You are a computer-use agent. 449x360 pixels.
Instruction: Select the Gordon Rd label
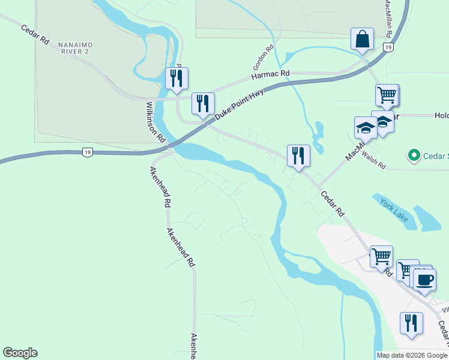coord(263,56)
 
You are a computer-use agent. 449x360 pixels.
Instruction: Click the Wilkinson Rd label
coord(155,122)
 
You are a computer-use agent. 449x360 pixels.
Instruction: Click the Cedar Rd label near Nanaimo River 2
coord(35,35)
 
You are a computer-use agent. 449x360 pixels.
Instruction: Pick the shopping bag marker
coord(363,40)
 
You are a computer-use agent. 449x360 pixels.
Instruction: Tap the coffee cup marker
coord(425,279)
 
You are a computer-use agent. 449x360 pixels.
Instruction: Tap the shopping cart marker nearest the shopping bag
coord(387,94)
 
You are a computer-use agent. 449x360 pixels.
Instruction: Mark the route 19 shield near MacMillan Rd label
coord(389,47)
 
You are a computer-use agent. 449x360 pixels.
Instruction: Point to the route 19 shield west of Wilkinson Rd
coord(88,153)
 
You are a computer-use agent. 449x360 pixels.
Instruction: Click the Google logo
coord(20,353)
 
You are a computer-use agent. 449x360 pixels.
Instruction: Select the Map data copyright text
coord(412,355)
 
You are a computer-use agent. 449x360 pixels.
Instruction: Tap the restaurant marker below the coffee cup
coord(411,323)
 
